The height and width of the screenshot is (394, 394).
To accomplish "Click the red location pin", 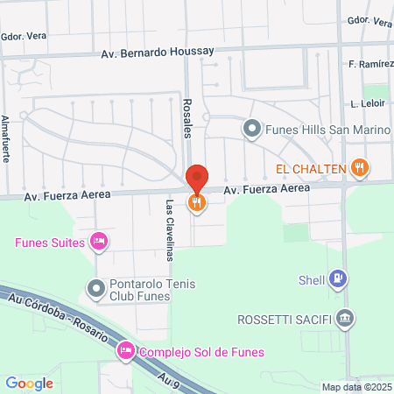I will pos(197,178).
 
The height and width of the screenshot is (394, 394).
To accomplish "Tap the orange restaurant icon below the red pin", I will pos(197,203).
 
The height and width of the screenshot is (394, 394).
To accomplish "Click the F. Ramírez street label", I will pos(369,65).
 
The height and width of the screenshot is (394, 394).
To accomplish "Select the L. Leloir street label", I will pos(368,103).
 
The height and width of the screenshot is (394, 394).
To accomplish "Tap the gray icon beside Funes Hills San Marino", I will pos(252,130).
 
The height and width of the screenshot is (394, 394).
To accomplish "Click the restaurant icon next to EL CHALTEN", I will pos(357,167).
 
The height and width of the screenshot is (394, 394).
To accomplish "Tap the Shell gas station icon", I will pos(338,279).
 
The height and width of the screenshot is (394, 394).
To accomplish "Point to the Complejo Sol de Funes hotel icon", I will pos(125,351).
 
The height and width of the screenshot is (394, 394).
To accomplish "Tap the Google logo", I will pos(29,383).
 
